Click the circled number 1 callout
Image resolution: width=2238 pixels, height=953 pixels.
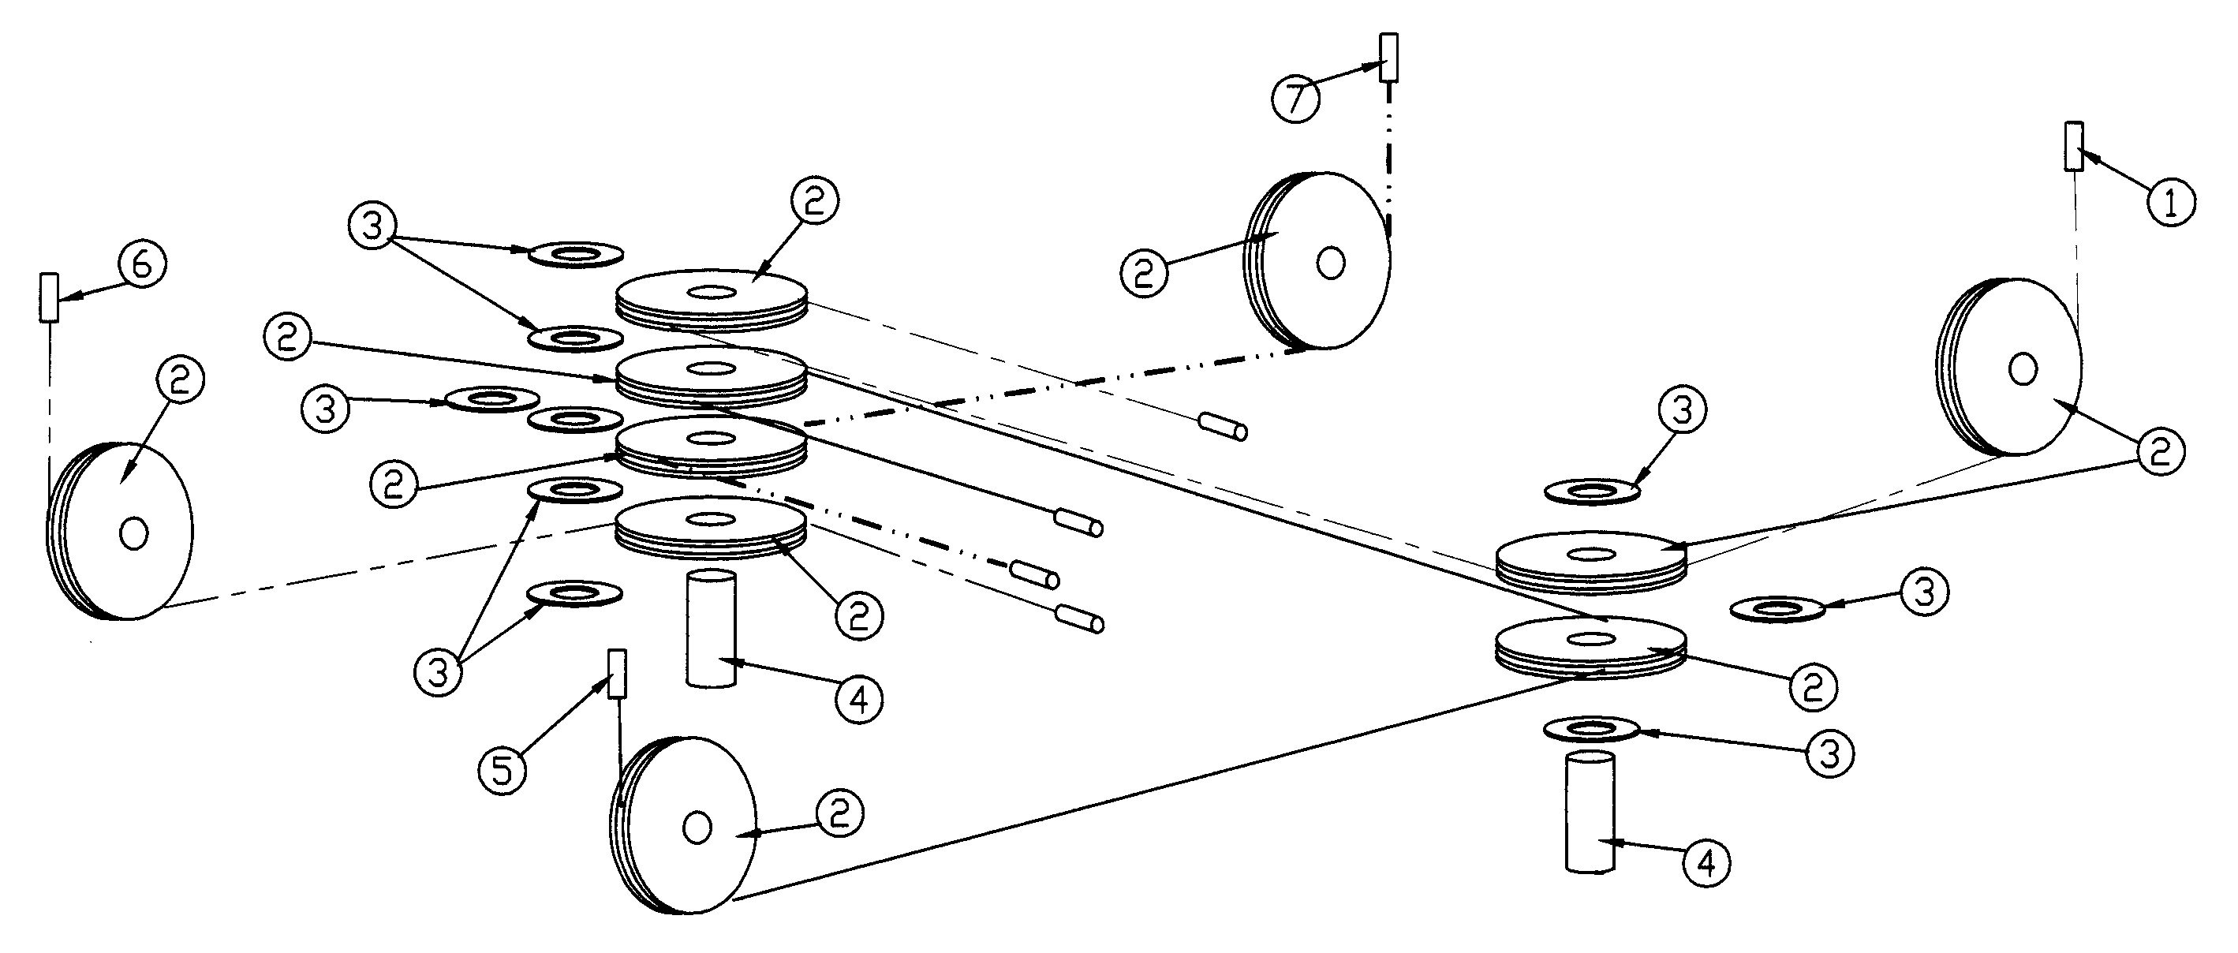click(2170, 204)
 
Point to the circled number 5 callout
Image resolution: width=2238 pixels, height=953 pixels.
click(503, 769)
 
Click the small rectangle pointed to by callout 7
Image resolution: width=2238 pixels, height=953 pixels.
click(1389, 58)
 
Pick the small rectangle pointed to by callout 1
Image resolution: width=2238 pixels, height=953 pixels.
click(2073, 146)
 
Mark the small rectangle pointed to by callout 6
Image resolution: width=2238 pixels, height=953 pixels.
click(49, 297)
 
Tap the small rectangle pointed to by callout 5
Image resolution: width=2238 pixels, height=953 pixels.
click(618, 672)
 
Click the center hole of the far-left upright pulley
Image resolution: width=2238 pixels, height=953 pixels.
click(134, 533)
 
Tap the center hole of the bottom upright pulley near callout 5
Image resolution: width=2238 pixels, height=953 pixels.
click(696, 827)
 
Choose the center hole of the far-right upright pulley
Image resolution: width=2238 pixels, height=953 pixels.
click(2023, 369)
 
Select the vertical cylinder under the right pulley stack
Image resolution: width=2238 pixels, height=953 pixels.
click(1590, 813)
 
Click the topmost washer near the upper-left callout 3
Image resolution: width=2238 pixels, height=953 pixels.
click(576, 254)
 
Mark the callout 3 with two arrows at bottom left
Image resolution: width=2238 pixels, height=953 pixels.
click(439, 671)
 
